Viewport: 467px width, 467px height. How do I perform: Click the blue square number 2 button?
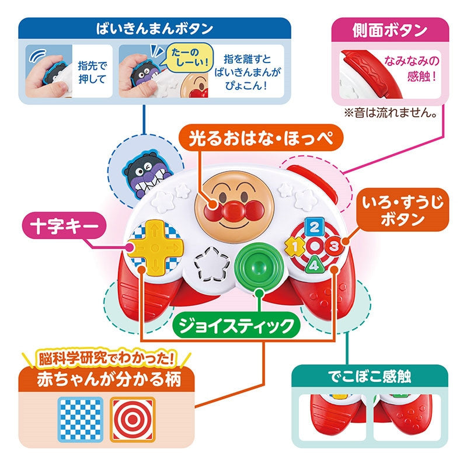coord(315,228)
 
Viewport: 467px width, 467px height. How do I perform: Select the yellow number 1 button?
coord(295,246)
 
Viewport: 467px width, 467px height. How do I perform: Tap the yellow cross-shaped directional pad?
coord(155,247)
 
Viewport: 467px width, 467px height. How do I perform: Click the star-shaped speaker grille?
coord(212,264)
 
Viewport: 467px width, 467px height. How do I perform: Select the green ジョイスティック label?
coord(236,326)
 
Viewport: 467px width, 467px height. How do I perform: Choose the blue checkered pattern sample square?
coord(81,419)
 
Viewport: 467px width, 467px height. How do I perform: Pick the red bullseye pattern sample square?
coord(133,419)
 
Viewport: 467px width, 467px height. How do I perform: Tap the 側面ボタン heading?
coord(390,30)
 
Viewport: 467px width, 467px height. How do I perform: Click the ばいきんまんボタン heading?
coord(155,29)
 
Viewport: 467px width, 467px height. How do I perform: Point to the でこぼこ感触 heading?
coord(370,376)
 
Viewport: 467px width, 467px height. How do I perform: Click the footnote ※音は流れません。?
coord(391,113)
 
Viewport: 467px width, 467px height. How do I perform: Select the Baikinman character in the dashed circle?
coord(147,175)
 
